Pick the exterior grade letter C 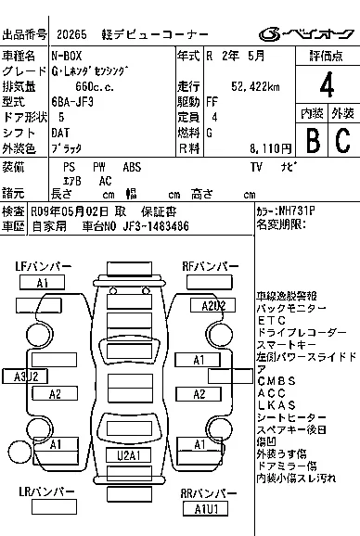coord(341,140)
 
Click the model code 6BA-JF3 coord(72,103)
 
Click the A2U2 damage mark coord(213,305)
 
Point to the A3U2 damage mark coord(25,376)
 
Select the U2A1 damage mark coord(128,455)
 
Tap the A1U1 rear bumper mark coord(205,508)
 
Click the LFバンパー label coord(42,266)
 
